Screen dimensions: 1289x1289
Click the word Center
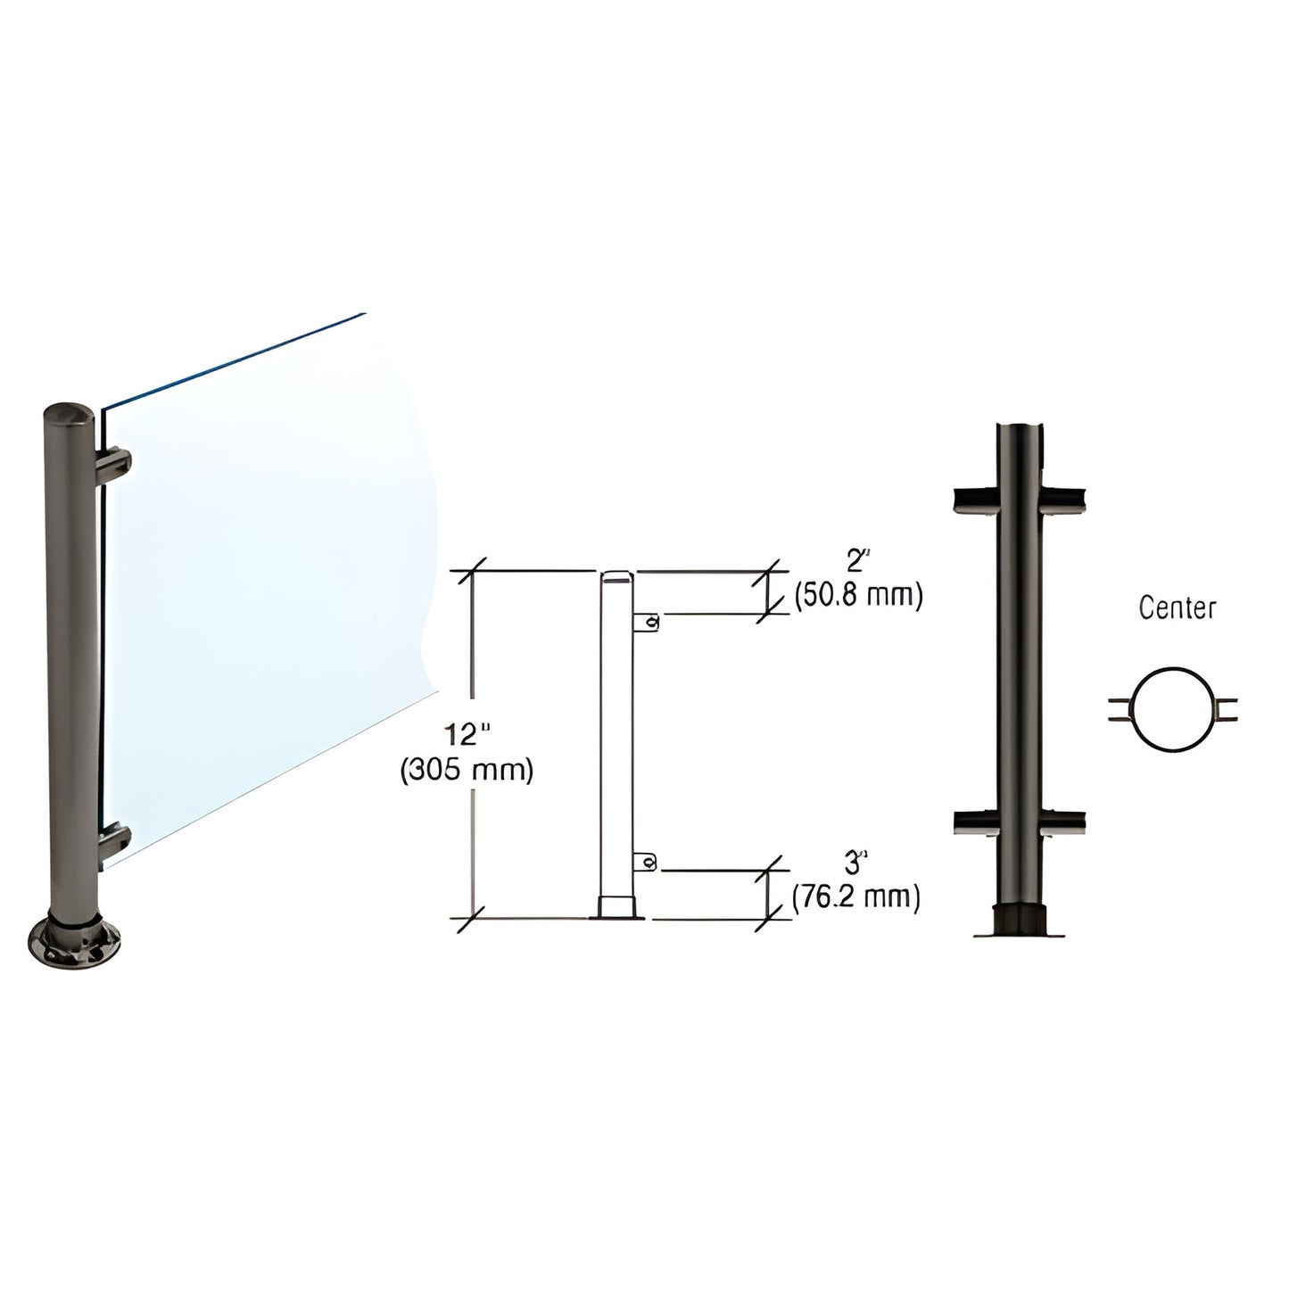click(1177, 608)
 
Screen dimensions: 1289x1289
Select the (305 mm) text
click(467, 769)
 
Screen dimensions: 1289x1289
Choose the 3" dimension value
click(856, 863)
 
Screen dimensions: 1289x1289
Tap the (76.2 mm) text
click(856, 897)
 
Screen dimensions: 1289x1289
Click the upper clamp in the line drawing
click(648, 622)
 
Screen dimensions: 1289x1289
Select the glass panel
click(268, 553)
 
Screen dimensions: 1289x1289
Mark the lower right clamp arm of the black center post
click(1063, 822)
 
